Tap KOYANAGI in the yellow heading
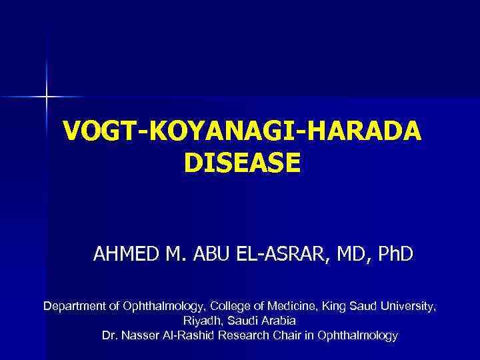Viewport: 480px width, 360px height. point(220,131)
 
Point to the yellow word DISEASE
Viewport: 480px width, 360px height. point(241,163)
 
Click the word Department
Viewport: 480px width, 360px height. point(73,306)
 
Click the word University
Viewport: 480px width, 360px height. point(408,306)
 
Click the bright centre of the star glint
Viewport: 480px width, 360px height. point(47,97)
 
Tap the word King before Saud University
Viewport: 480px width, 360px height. point(335,306)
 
